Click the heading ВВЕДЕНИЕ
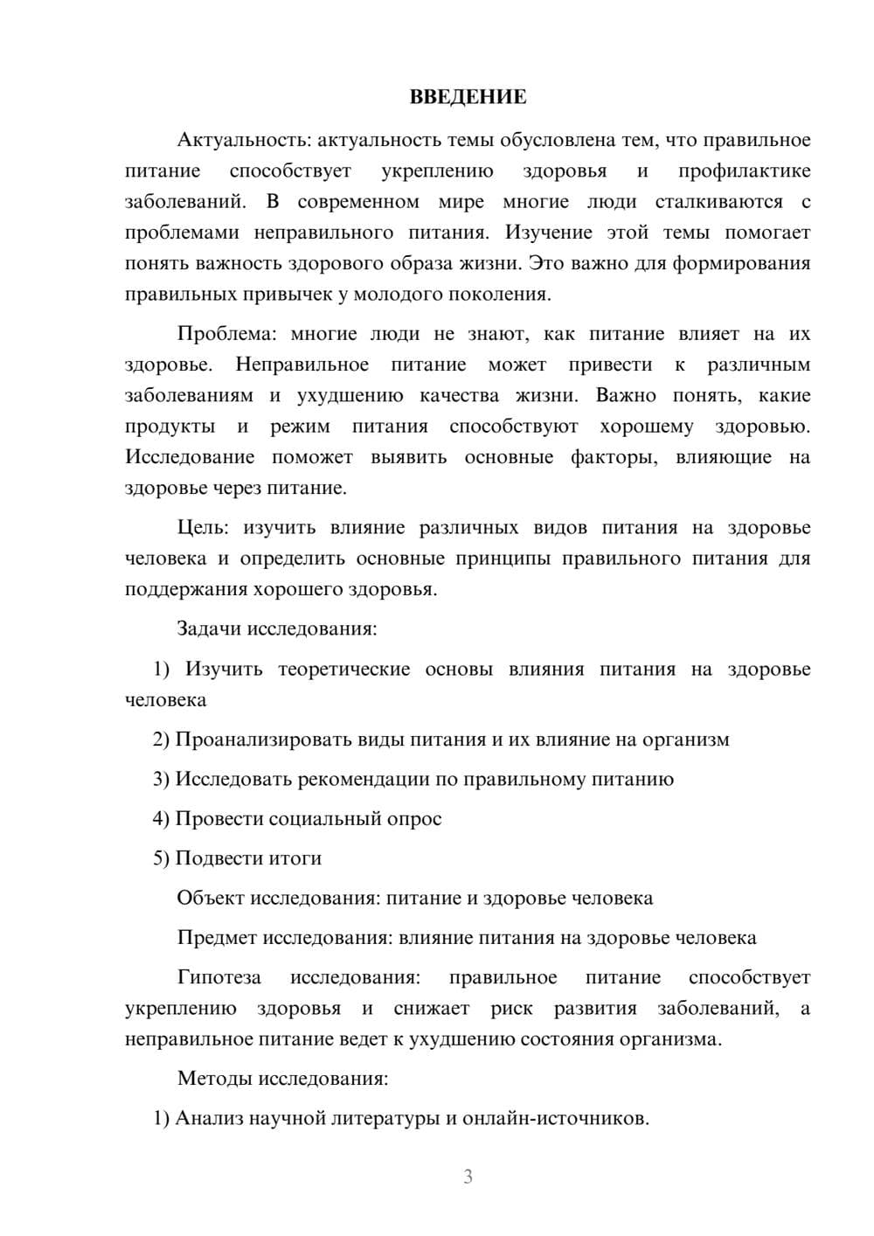(468, 97)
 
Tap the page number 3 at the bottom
(468, 1177)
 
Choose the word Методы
(215, 1078)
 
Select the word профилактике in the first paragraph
(744, 171)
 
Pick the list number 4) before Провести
(161, 819)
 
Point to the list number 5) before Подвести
(161, 858)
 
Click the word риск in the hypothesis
(511, 1009)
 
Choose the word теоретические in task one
(343, 670)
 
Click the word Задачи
(210, 628)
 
